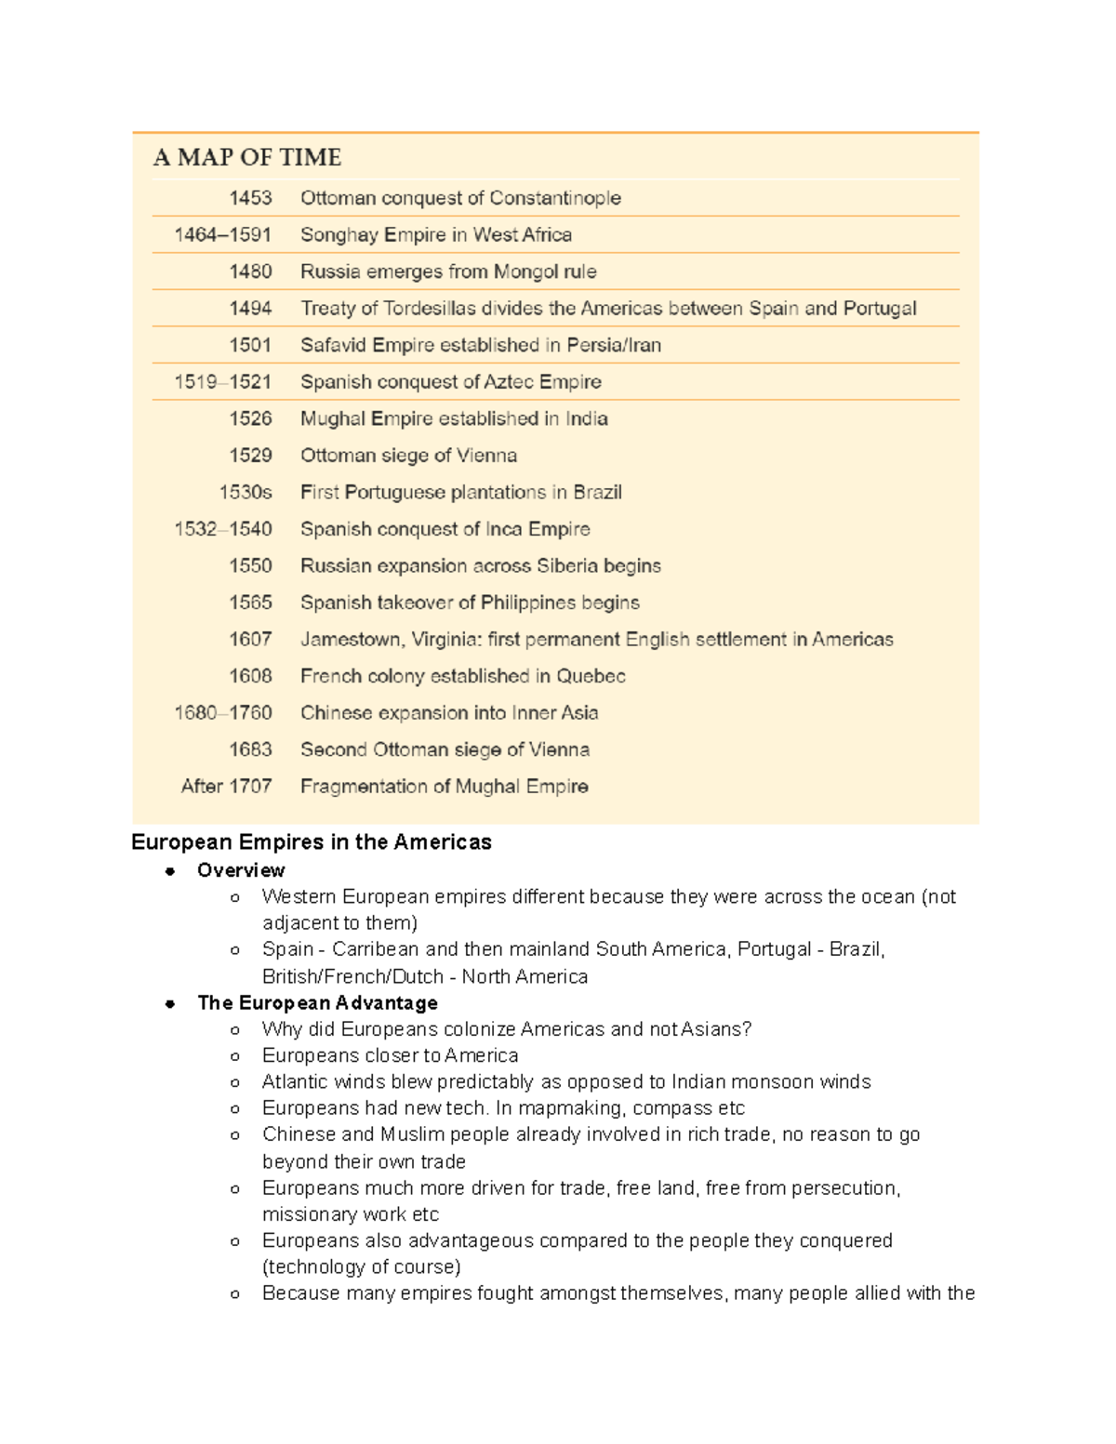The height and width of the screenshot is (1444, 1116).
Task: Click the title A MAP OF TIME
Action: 247,157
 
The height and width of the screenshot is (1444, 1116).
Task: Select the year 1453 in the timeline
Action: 250,198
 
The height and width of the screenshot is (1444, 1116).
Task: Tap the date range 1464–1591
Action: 223,235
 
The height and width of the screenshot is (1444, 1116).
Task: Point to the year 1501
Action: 250,345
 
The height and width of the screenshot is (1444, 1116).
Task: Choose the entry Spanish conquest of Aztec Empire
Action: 450,382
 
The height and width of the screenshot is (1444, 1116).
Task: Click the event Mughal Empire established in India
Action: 454,418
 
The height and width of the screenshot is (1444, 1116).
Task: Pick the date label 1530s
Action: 246,492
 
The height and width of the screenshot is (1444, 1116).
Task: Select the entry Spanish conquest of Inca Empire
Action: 445,529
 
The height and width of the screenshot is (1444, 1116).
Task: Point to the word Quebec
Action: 591,676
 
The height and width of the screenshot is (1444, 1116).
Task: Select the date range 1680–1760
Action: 223,713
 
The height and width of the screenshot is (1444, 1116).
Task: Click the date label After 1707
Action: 226,787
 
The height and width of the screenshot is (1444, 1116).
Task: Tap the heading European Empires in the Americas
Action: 312,842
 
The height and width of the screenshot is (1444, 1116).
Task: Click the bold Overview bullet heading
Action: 241,870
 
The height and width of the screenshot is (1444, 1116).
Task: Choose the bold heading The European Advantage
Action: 317,1003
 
